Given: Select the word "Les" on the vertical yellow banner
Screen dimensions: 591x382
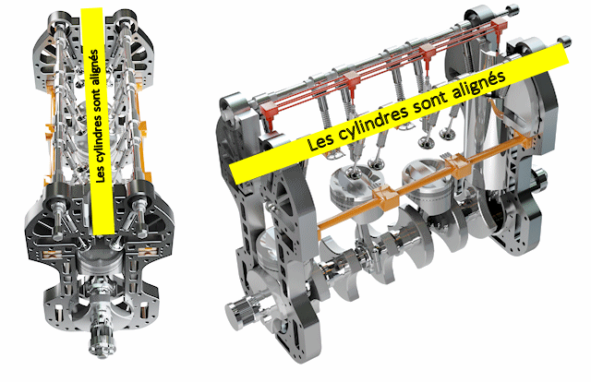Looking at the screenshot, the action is pos(101,173).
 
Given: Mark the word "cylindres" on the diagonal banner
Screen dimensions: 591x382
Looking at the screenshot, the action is pos(376,122).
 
